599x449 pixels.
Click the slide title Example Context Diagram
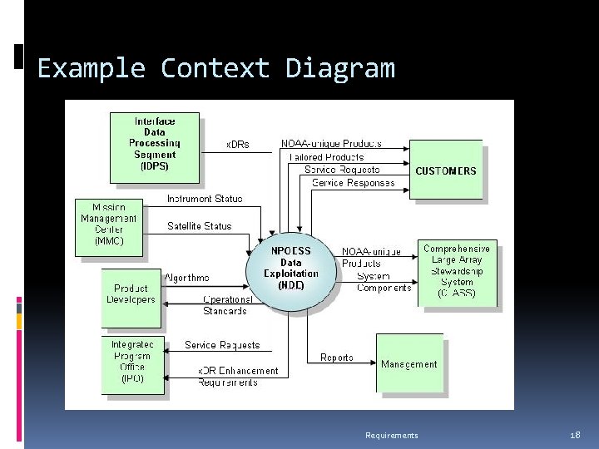point(216,68)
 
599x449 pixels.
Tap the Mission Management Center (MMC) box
point(109,224)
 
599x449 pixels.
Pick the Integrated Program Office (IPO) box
point(132,362)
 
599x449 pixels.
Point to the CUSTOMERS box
point(446,170)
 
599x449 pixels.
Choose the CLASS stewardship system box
point(457,271)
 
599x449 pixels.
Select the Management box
point(408,363)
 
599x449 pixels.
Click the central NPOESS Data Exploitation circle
point(291,268)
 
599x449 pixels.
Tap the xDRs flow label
point(238,144)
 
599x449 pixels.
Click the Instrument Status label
point(205,199)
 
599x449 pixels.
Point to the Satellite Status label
point(200,225)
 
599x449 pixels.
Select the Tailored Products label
point(326,156)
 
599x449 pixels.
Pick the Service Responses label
point(353,183)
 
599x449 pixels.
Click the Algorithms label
point(186,278)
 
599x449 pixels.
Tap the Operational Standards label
point(225,305)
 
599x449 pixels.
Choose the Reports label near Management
point(337,358)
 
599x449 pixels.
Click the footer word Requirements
point(392,436)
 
